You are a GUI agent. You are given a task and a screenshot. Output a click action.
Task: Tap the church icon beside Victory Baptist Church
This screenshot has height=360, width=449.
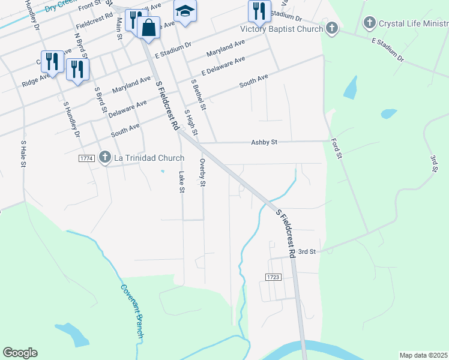(332, 28)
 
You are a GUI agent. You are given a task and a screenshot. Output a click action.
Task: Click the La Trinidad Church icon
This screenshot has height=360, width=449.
(104, 158)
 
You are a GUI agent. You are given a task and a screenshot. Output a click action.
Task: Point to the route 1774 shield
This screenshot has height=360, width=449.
(86, 158)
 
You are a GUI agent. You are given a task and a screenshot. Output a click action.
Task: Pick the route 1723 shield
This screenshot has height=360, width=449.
(273, 277)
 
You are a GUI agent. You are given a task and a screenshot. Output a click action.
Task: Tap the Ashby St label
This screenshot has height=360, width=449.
(264, 142)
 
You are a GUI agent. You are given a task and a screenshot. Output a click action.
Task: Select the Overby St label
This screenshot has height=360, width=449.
(203, 172)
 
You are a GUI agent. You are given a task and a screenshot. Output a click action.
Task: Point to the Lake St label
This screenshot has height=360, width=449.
(181, 182)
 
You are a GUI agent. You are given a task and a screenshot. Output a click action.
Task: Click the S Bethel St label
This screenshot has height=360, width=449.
(198, 95)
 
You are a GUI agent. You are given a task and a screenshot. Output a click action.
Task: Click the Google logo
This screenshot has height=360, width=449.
(20, 353)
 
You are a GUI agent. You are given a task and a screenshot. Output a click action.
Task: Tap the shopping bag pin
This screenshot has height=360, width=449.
(148, 27)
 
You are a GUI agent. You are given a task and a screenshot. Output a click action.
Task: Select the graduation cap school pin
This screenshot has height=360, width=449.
(185, 11)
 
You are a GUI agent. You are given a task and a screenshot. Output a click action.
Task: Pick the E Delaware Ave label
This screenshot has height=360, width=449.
(223, 67)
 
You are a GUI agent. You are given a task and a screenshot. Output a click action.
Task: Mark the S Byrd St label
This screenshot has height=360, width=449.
(100, 100)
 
